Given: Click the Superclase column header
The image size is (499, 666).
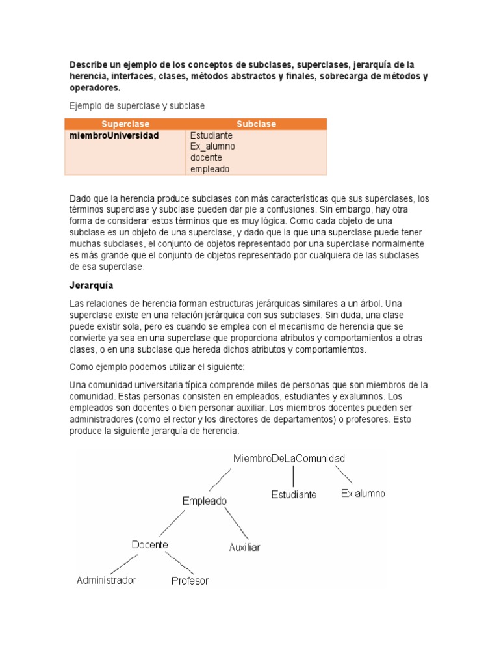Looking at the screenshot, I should point(125,124).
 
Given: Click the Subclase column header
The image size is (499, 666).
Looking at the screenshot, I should point(256,124).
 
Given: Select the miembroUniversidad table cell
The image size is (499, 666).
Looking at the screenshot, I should point(114,136).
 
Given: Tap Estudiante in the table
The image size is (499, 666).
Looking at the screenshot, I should point(211,136).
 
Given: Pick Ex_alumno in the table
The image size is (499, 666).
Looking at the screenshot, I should point(212,147).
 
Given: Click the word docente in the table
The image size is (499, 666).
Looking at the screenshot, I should point(206,158).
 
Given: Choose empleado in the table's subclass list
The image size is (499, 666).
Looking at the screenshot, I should point(210,169).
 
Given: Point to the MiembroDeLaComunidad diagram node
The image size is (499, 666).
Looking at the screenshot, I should point(289,459).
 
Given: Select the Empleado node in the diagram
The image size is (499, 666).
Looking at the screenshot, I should point(205,501).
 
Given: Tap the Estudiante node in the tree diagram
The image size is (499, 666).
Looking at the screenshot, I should point(294,494).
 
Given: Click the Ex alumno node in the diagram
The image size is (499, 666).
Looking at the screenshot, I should point(363,494).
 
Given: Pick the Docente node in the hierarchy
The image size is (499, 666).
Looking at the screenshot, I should point(149,544).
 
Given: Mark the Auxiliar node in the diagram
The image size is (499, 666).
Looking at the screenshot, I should point(244,548).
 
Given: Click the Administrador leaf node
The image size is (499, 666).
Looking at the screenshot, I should point(107,580).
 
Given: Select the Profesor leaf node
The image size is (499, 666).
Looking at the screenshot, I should point(190,581).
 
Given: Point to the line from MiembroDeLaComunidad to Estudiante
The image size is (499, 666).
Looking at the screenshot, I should point(294,477).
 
